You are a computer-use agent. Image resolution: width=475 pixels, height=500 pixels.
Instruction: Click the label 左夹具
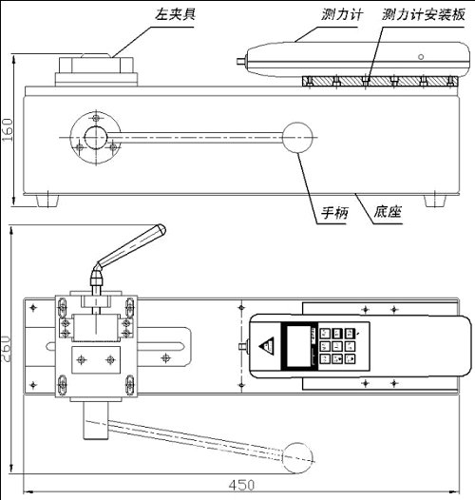pyautogui.click(x=175, y=14)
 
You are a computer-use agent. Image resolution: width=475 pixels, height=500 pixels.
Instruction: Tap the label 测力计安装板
pyautogui.click(x=424, y=14)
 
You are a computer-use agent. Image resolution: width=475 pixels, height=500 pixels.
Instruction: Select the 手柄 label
pyautogui.click(x=334, y=213)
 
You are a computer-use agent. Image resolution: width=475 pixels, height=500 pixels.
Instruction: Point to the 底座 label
pyautogui.click(x=388, y=211)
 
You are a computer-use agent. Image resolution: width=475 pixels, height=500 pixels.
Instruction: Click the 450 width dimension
pyautogui.click(x=241, y=485)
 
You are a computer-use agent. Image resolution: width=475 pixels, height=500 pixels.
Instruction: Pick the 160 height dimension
pyautogui.click(x=7, y=130)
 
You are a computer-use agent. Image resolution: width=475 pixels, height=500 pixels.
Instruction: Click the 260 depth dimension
pyautogui.click(x=7, y=348)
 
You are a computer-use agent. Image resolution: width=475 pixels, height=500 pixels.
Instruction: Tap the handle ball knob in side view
pyautogui.click(x=297, y=138)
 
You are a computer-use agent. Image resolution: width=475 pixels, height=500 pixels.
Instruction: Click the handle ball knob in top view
pyautogui.click(x=297, y=458)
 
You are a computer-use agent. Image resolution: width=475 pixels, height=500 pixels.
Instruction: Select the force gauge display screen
pyautogui.click(x=298, y=346)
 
